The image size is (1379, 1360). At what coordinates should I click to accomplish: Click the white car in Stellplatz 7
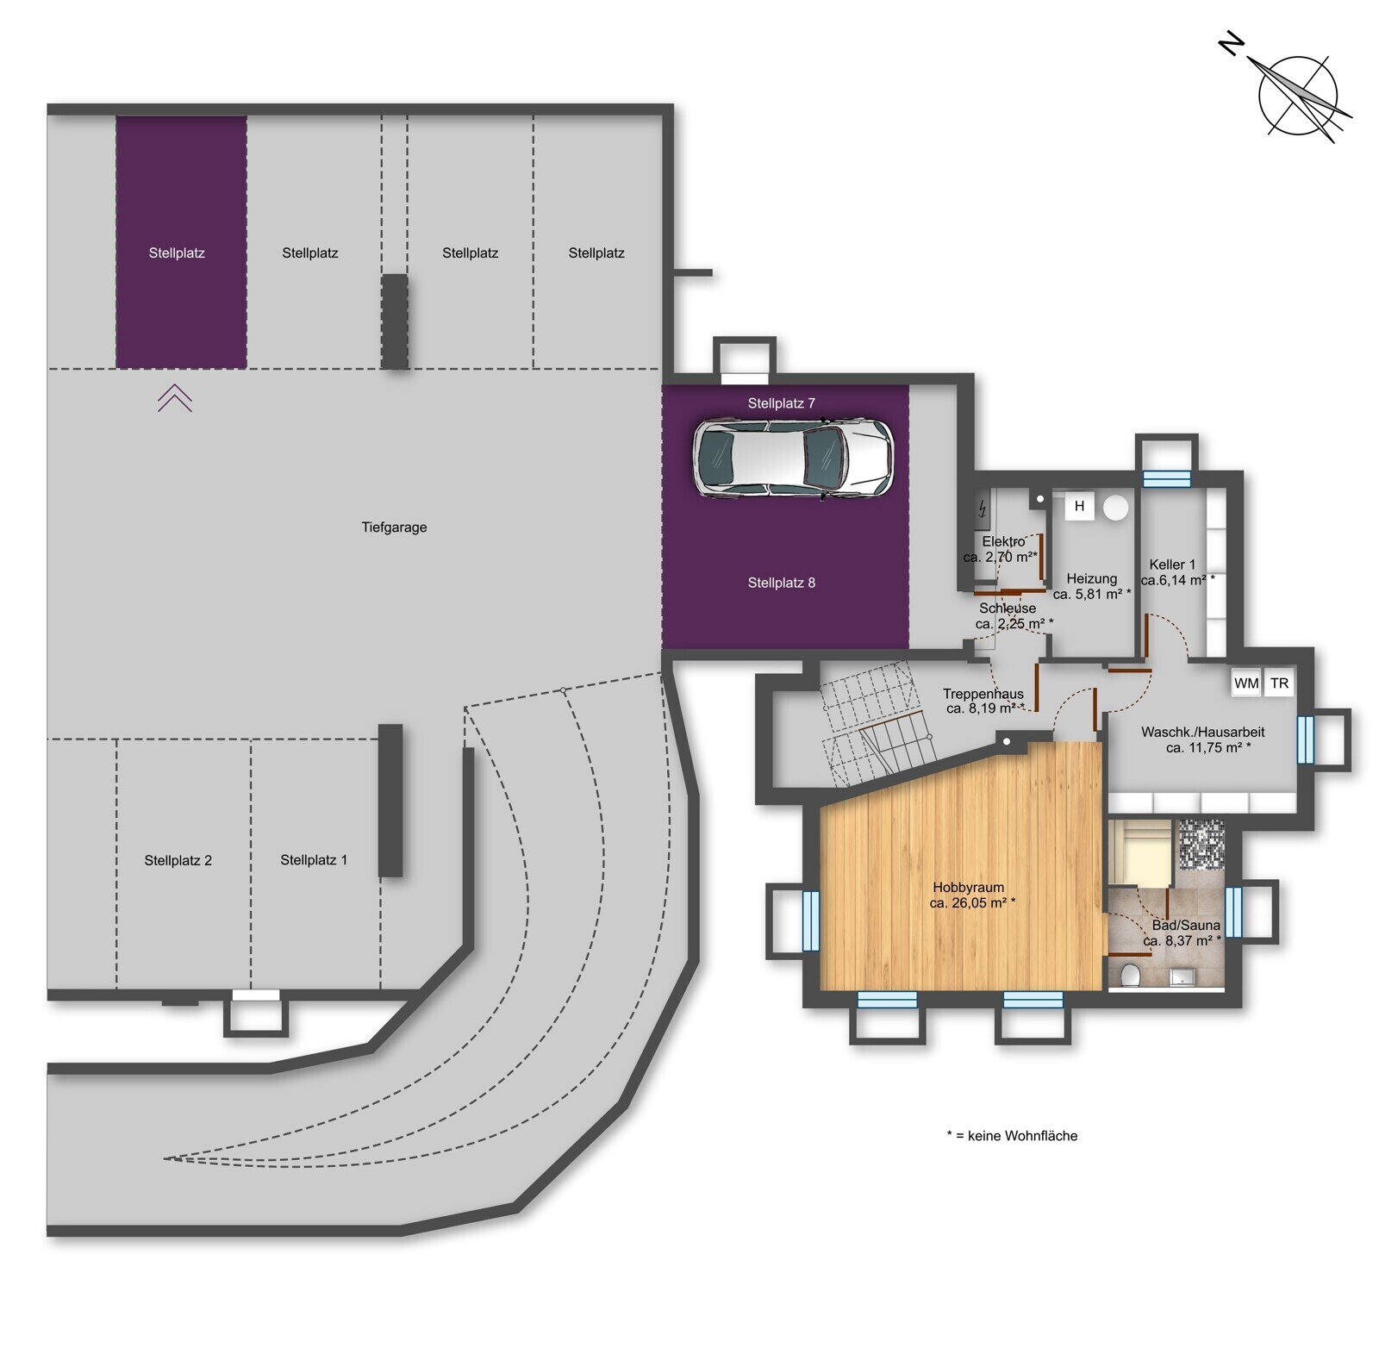(793, 458)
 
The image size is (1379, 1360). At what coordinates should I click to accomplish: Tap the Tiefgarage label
(394, 527)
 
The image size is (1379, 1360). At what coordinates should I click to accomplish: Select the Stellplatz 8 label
(781, 583)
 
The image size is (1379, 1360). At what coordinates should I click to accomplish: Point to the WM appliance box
(1246, 683)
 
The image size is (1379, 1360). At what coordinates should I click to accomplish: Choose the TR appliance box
(1279, 683)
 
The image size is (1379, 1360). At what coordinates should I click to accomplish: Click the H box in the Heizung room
(1079, 506)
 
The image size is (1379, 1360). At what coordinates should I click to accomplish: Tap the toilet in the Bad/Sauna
(1131, 975)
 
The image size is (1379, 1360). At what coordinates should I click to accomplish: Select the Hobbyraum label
(968, 888)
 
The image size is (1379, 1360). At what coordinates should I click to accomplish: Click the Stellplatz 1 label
(314, 860)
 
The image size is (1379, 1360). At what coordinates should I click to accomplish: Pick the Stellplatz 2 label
(178, 861)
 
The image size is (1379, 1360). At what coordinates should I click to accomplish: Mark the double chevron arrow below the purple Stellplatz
(174, 397)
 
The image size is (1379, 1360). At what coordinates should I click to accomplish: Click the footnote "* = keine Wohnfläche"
(1012, 1136)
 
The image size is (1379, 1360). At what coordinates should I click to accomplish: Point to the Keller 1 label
(1172, 565)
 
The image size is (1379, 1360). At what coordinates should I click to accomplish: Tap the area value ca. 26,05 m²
(972, 903)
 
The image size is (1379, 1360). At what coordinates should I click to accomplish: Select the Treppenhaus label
(983, 694)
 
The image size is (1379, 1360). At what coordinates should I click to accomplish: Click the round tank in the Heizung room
(1116, 507)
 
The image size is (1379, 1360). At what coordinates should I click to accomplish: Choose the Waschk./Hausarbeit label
(1203, 733)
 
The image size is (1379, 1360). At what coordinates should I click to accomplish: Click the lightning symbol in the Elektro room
(982, 509)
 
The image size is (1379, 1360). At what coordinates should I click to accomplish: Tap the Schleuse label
(1008, 608)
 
